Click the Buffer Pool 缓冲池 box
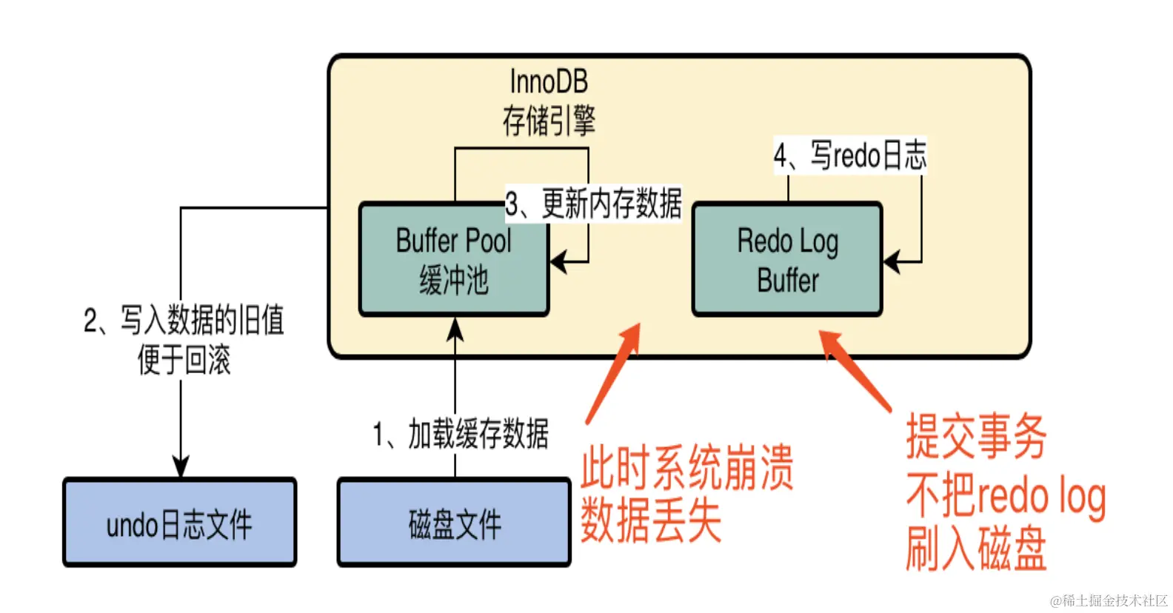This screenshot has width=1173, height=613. (x=453, y=260)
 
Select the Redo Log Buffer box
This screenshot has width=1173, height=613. (x=787, y=260)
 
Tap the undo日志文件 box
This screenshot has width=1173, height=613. (x=179, y=523)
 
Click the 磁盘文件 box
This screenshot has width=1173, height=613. (x=454, y=523)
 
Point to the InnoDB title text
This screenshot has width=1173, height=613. (x=548, y=81)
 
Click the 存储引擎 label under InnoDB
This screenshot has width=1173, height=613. (x=548, y=121)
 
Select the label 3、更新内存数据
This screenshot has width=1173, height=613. (x=592, y=204)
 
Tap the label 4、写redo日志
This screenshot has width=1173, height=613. (x=849, y=155)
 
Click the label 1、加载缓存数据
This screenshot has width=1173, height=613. (x=461, y=434)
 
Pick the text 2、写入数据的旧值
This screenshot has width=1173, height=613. (x=184, y=321)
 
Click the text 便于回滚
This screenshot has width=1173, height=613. (x=184, y=361)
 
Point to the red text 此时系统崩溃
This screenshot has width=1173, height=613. (x=686, y=468)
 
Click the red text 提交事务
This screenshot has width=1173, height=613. (x=976, y=437)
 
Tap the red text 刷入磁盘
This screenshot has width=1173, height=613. (x=976, y=549)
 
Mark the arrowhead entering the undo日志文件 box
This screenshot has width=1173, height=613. (x=181, y=467)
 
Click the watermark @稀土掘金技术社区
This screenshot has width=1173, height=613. (x=1109, y=600)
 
